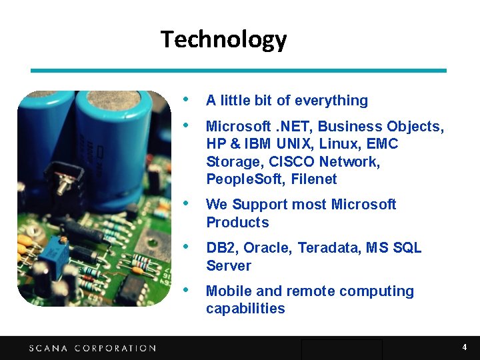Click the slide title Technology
(223, 39)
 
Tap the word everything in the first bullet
(331, 101)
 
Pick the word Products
(237, 223)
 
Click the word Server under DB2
(229, 266)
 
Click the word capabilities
(245, 309)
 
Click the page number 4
(465, 347)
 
